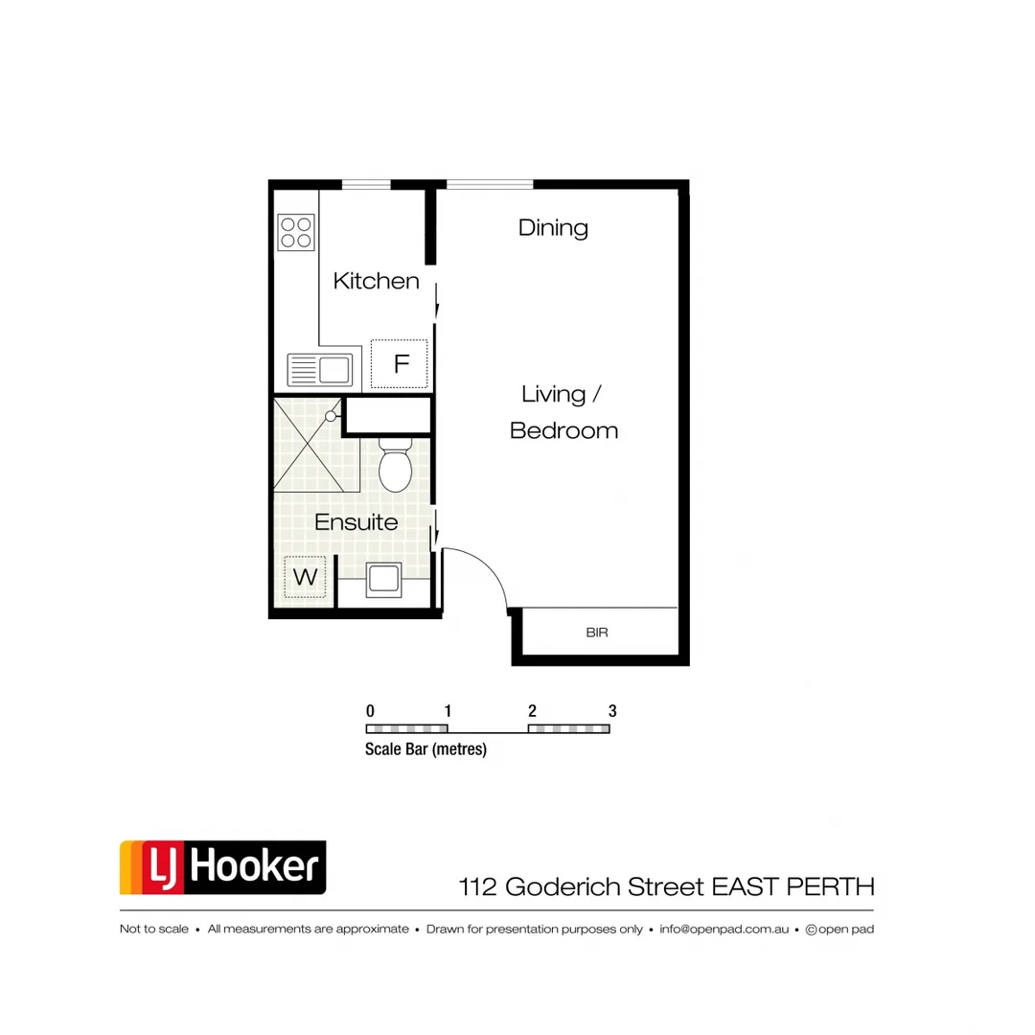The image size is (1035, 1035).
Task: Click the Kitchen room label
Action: coord(376,281)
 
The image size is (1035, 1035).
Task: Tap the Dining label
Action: coord(553,228)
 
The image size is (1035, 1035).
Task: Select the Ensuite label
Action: coord(356,522)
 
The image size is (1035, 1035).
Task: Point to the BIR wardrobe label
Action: coord(597,632)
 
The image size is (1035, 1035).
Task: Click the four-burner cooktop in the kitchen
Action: coord(296,232)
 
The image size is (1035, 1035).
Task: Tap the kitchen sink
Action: coord(320,369)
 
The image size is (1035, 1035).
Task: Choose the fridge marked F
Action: coord(401,364)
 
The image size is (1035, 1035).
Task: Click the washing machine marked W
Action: coord(305,577)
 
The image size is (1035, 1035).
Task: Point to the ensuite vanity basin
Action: coord(384,579)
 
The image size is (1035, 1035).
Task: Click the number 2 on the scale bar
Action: coord(531,711)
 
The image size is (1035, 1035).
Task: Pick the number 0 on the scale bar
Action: coord(370,711)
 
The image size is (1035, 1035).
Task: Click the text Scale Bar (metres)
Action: coord(425,749)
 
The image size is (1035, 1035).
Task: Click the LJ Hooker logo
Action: coord(222,867)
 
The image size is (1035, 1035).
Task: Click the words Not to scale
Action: coord(153,929)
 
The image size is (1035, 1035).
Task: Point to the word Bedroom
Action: coord(563,431)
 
